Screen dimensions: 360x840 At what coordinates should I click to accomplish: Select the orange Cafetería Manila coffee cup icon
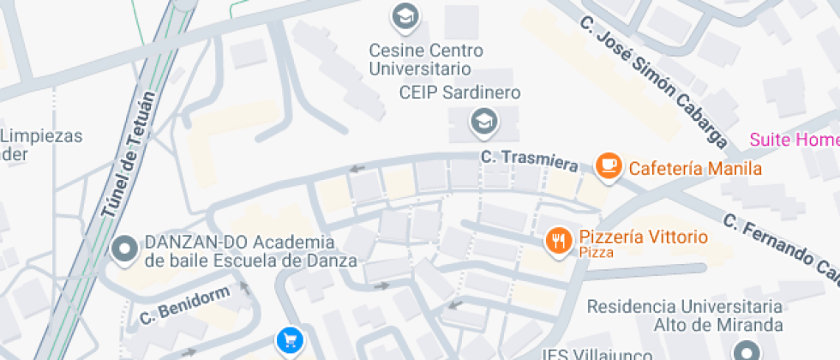coord(609,165)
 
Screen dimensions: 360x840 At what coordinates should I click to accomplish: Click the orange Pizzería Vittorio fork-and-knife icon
coord(559,241)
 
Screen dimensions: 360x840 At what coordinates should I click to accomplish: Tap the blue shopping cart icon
coord(289,341)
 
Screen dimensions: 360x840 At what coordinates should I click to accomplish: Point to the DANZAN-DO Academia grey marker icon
coord(125,249)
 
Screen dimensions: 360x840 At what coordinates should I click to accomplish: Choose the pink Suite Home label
coord(794,140)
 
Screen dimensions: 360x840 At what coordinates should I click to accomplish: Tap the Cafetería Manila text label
coord(695,168)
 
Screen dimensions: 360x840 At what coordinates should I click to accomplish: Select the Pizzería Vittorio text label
coord(643,237)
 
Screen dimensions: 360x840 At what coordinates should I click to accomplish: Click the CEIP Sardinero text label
coord(460,93)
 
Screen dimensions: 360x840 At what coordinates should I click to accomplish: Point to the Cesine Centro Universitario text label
coord(426,59)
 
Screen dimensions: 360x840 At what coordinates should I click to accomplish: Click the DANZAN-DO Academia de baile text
coord(238,251)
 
